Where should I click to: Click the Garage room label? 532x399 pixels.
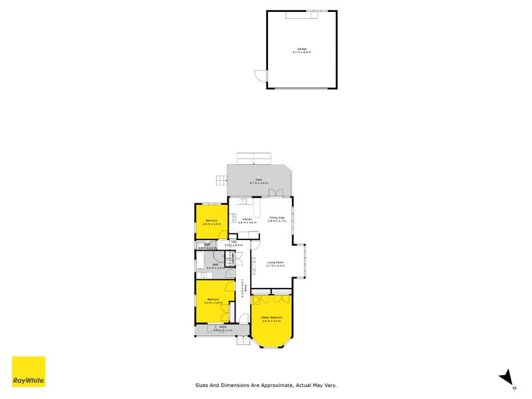(x=303, y=49)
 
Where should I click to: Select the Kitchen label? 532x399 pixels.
(x=247, y=220)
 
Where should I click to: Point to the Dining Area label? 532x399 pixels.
(x=277, y=219)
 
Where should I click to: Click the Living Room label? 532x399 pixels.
(x=275, y=263)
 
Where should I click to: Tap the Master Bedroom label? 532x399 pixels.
(x=271, y=319)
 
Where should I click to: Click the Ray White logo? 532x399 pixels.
(x=29, y=372)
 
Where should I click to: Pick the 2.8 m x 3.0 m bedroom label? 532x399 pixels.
(x=211, y=222)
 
